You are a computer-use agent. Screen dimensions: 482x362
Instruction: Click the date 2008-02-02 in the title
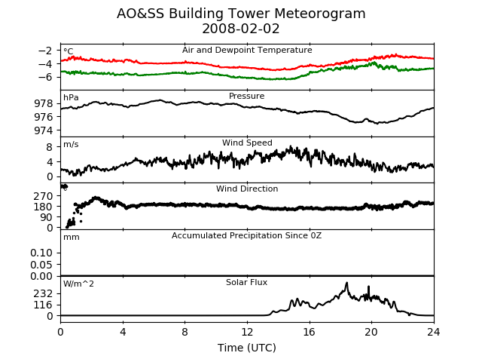(241, 29)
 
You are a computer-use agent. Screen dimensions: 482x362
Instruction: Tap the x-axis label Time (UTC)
(247, 348)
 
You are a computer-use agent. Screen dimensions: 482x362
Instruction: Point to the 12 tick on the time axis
(247, 332)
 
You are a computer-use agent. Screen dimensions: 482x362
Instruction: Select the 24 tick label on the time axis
(434, 332)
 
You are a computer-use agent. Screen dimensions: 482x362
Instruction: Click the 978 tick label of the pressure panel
(44, 103)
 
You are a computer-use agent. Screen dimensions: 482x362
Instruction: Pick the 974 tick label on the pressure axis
(44, 130)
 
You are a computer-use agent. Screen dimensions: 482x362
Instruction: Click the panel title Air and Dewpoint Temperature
(247, 50)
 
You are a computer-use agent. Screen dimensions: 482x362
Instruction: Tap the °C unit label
(69, 51)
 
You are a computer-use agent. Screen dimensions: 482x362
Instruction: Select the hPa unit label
(71, 97)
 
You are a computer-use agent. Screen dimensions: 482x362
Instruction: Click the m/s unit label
(71, 144)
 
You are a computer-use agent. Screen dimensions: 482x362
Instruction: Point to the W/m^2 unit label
(78, 284)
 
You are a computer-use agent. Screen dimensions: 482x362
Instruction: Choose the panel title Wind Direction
(247, 189)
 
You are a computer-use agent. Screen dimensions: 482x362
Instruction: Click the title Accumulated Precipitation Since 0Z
(246, 235)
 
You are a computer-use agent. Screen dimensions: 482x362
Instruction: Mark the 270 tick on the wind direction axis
(44, 196)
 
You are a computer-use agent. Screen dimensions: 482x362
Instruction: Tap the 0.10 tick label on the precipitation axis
(41, 253)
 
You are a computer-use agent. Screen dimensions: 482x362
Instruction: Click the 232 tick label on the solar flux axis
(44, 293)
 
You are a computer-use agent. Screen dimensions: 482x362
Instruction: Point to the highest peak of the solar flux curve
(346, 283)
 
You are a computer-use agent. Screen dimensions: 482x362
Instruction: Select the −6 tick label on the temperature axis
(45, 77)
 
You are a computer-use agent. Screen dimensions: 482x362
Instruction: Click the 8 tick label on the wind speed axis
(50, 147)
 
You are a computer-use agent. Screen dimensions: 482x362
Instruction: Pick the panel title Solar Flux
(246, 282)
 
